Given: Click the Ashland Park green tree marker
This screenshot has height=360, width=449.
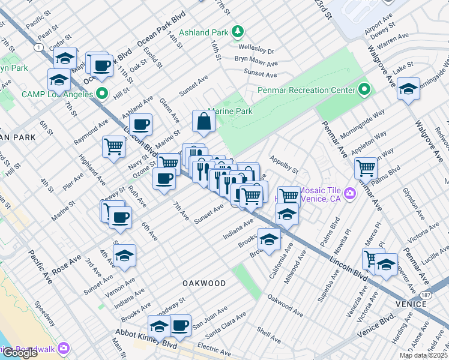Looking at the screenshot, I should (x=238, y=31).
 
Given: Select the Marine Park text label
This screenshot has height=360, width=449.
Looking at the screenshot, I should (x=231, y=111).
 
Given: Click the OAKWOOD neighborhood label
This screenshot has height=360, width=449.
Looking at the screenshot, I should (x=205, y=283).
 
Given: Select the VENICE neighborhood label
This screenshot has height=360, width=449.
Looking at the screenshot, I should (x=412, y=304).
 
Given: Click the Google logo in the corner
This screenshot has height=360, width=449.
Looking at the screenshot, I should (x=20, y=353).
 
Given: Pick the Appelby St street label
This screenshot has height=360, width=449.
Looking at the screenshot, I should (x=284, y=166).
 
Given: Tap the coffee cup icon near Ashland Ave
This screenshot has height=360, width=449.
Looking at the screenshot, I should (x=140, y=125).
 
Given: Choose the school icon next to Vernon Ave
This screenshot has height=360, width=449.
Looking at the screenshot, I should (x=124, y=256).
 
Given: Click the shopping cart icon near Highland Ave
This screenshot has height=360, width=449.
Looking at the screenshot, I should (x=113, y=146).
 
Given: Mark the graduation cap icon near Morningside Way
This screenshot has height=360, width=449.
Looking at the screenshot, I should (x=408, y=89).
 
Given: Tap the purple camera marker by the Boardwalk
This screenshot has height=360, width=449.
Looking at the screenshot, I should (x=64, y=349).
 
